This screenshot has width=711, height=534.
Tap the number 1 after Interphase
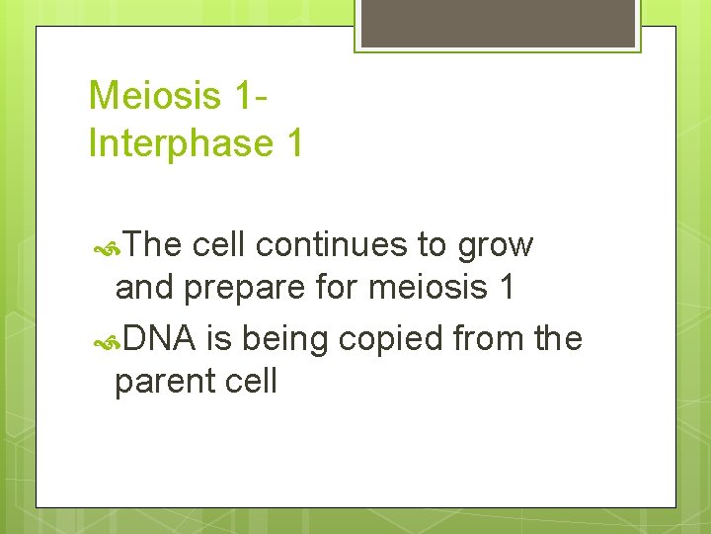[x=292, y=143]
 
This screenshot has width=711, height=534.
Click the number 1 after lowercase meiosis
[x=506, y=288]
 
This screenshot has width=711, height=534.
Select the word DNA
[x=160, y=338]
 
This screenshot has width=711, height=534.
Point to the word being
[x=285, y=340]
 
